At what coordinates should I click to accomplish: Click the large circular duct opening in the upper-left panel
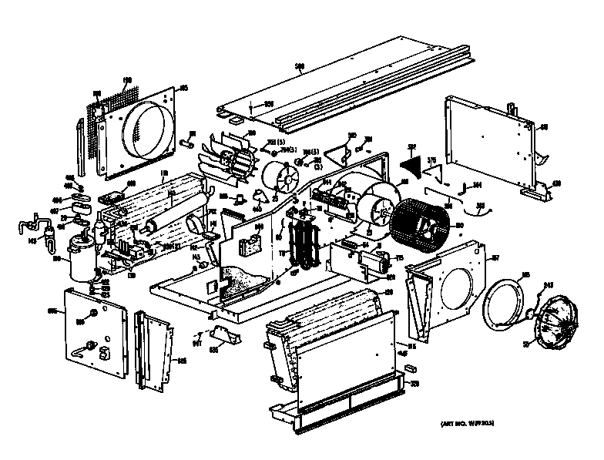pos(146,126)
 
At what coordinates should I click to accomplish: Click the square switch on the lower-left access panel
pos(103,354)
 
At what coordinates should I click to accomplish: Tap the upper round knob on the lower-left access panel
pos(92,314)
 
